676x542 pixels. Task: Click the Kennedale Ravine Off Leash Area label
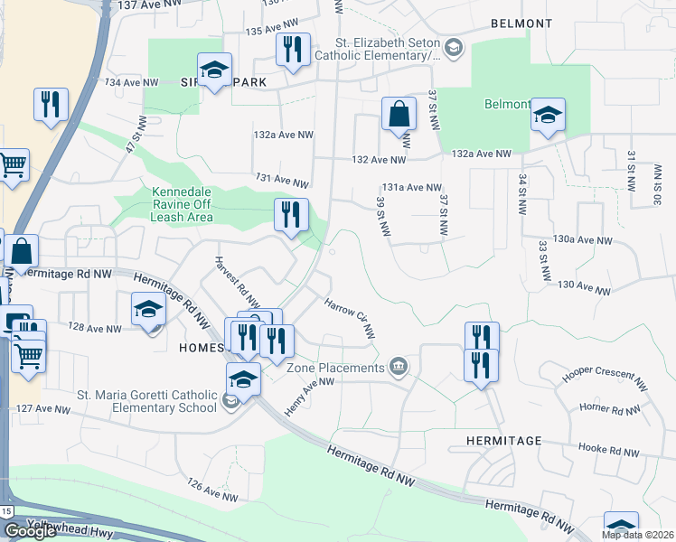pyautogui.click(x=170, y=204)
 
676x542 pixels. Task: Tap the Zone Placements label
pyautogui.click(x=335, y=368)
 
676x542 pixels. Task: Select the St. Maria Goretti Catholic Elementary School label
pyautogui.click(x=146, y=401)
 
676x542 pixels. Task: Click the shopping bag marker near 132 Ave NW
pyautogui.click(x=398, y=115)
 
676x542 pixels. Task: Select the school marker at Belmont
pyautogui.click(x=548, y=115)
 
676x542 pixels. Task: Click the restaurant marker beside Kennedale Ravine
pyautogui.click(x=291, y=216)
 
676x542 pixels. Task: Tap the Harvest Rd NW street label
pyautogui.click(x=237, y=282)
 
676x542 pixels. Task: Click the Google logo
pyautogui.click(x=30, y=531)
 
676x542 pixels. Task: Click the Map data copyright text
pyautogui.click(x=637, y=535)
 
